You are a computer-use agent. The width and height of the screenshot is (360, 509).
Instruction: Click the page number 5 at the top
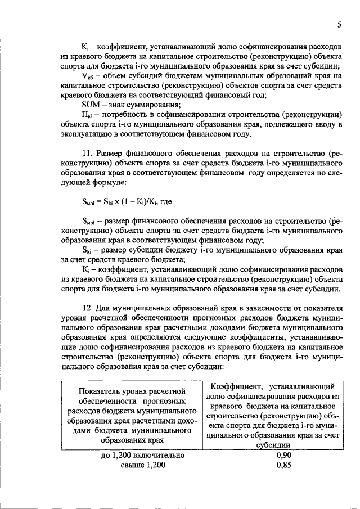(339, 25)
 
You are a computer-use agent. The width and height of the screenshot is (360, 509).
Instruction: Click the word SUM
(91, 105)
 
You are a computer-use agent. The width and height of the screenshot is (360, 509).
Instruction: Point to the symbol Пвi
(87, 115)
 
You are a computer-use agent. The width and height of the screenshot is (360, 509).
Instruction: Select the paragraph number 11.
(87, 153)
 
